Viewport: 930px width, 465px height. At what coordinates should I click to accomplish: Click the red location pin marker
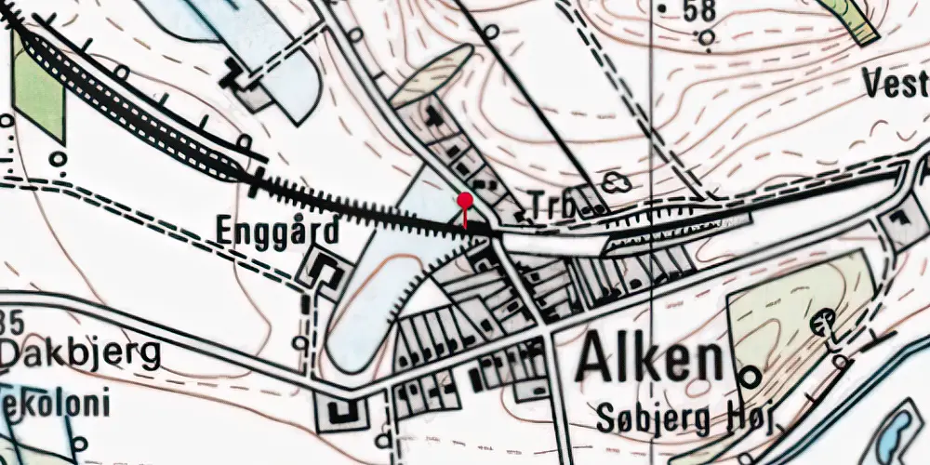click(x=465, y=200)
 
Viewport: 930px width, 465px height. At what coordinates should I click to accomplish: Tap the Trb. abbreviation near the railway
click(x=551, y=206)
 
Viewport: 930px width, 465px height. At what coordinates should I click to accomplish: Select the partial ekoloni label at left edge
click(x=56, y=405)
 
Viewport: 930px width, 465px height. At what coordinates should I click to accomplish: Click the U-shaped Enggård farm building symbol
click(x=325, y=271)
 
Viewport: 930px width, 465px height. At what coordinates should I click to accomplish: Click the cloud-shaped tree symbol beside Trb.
click(x=614, y=182)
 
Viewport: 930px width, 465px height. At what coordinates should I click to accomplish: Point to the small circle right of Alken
click(x=750, y=376)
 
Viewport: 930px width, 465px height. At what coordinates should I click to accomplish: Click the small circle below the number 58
click(x=708, y=38)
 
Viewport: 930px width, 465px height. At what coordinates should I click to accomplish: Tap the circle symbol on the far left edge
click(x=7, y=120)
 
